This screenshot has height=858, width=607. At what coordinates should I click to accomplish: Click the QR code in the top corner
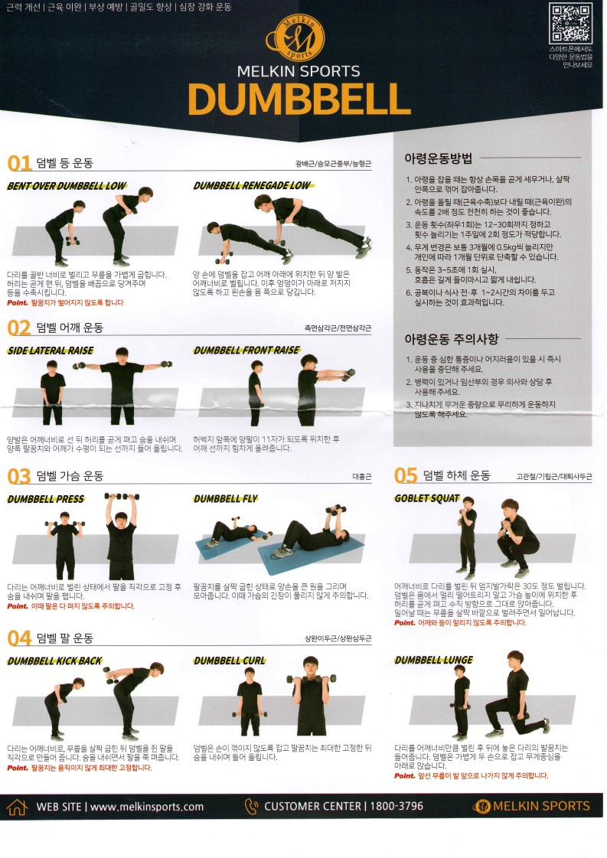[571, 23]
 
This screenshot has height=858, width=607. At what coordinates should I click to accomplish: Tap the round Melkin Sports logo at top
[299, 36]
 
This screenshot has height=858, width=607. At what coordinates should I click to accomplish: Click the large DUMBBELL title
[299, 99]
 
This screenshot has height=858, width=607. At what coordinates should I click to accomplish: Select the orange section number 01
[19, 163]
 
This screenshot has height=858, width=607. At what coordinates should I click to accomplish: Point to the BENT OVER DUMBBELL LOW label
[67, 186]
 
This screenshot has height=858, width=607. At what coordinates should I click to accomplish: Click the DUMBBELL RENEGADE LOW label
[252, 186]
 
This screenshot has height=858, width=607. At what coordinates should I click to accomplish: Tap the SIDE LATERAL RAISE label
[51, 351]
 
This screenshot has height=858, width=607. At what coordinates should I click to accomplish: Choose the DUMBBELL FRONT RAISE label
[246, 351]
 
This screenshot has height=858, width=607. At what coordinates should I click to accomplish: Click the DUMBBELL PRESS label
[46, 499]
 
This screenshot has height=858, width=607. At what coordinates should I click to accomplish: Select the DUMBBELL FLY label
[226, 499]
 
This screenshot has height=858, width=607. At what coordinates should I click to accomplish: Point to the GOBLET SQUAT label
[427, 498]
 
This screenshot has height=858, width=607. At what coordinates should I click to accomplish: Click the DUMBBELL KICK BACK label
[54, 661]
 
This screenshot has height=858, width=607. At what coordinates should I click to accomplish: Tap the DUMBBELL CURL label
[230, 661]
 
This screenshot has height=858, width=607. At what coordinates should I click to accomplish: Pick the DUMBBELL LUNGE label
[434, 660]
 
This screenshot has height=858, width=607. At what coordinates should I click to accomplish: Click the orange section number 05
[406, 476]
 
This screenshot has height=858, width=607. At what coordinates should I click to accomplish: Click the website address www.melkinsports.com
[147, 807]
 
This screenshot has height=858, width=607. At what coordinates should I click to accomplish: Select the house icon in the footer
[17, 807]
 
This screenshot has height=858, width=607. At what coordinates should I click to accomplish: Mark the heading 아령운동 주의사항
[451, 338]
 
